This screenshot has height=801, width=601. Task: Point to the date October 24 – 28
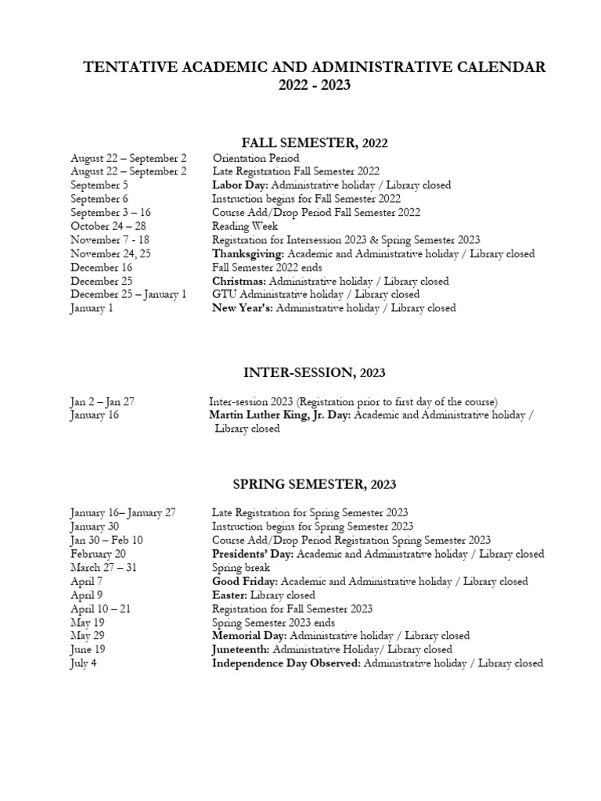tap(108, 226)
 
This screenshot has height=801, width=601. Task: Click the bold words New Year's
tap(243, 308)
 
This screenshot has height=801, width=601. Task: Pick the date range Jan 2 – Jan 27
tap(103, 401)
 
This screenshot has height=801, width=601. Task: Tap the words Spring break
tap(241, 567)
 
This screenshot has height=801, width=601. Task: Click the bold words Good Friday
tap(244, 581)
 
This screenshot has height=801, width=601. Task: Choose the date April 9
tap(86, 594)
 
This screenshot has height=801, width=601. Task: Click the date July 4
tap(84, 663)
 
